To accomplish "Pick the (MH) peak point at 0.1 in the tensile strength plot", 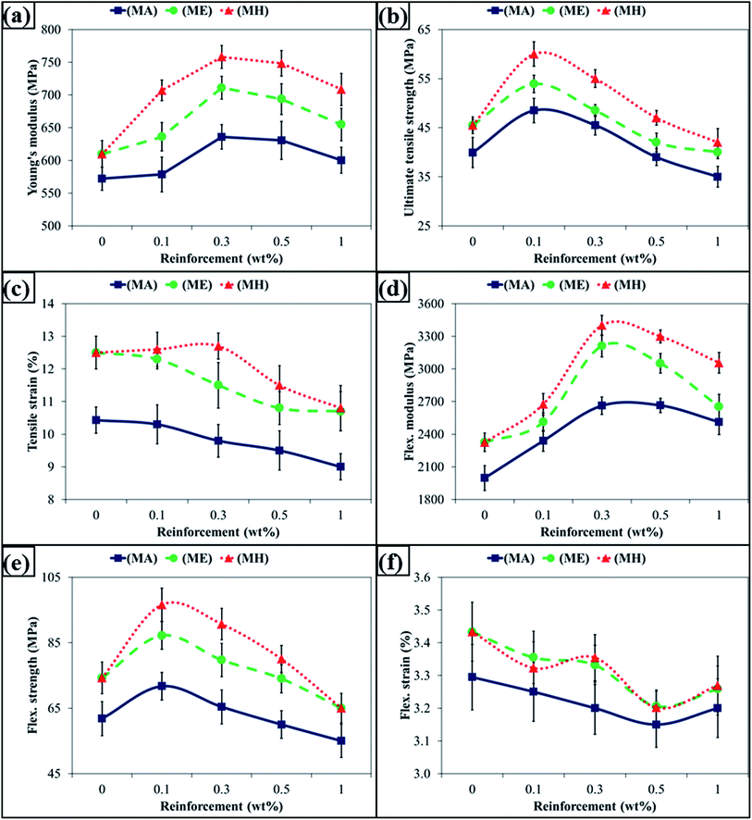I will [534, 54].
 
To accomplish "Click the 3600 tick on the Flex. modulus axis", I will [444, 304].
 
